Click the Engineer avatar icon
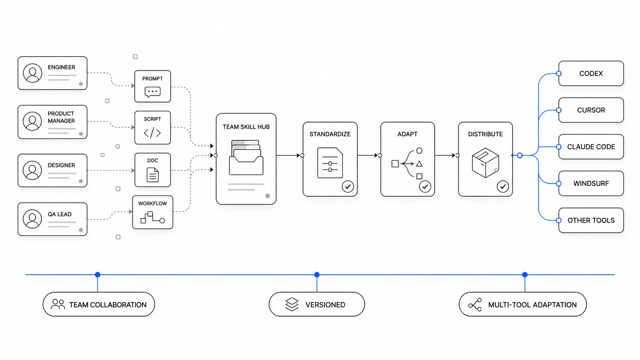coord(33,73)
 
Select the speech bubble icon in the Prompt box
coord(153,92)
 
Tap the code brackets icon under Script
coord(152,133)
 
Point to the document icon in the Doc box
coord(153,175)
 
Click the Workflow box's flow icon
coord(153,218)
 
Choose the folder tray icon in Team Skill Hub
coord(246,157)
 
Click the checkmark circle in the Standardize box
coord(348,187)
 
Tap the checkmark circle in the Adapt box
coord(425,187)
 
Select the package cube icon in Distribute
coord(485,163)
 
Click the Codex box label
coord(591,74)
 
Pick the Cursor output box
coord(591,110)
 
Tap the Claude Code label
coord(591,147)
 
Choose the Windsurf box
coord(591,183)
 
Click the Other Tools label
coord(591,220)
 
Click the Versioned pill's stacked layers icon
coord(292,304)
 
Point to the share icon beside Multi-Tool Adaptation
coord(475,305)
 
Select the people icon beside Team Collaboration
coord(58,304)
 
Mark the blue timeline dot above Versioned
coord(317,275)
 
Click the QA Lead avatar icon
coord(32,219)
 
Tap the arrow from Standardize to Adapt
coord(368,156)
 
